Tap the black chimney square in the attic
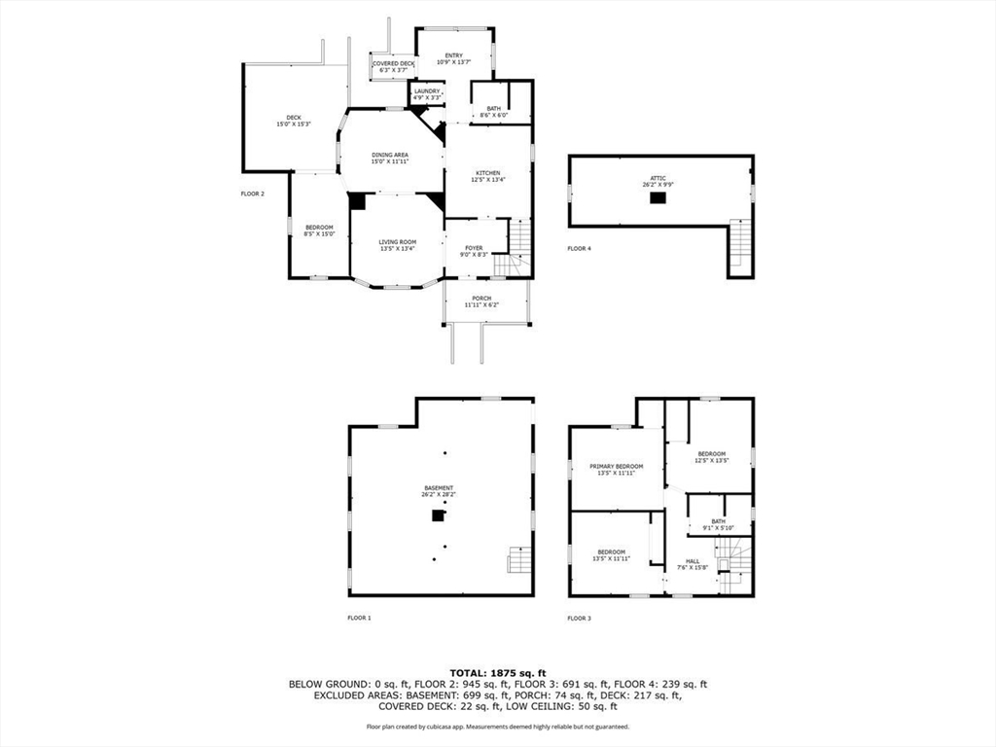[659, 197]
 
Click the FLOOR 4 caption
[579, 249]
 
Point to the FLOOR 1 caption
[360, 618]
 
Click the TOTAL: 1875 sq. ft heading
[497, 672]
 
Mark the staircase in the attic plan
[741, 243]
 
